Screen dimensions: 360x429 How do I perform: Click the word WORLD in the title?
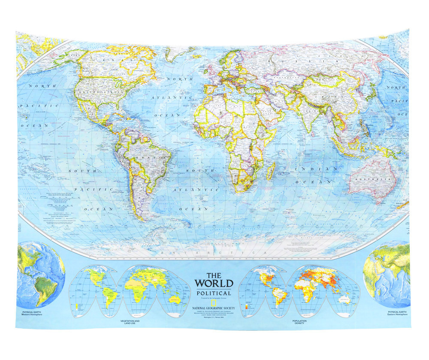214,283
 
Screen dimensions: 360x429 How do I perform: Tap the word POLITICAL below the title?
214,293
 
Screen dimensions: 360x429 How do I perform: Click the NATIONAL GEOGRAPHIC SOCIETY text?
217,308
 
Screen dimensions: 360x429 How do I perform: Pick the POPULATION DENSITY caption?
299,322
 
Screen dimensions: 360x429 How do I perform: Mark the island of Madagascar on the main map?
271,173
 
